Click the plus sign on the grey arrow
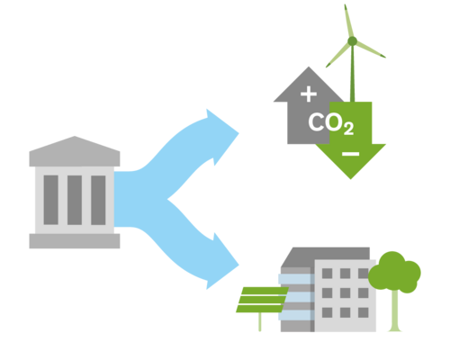pyautogui.click(x=309, y=94)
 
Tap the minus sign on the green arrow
pyautogui.click(x=350, y=154)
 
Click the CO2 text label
pyautogui.click(x=331, y=123)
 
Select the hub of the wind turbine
pyautogui.click(x=352, y=41)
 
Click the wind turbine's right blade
pyautogui.click(x=371, y=49)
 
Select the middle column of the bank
pyautogui.click(x=75, y=200)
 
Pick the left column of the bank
pyautogui.click(x=50, y=200)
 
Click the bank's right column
pyautogui.click(x=98, y=200)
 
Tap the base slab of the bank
pyautogui.click(x=75, y=241)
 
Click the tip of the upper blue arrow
pyautogui.click(x=238, y=133)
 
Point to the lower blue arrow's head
pyautogui.click(x=223, y=262)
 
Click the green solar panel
pyautogui.click(x=262, y=300)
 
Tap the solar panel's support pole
pyautogui.click(x=260, y=322)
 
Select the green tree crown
pyautogui.click(x=394, y=273)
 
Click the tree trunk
pyautogui.click(x=395, y=310)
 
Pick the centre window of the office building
pyautogui.click(x=345, y=292)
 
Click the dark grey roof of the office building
pyautogui.click(x=326, y=256)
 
